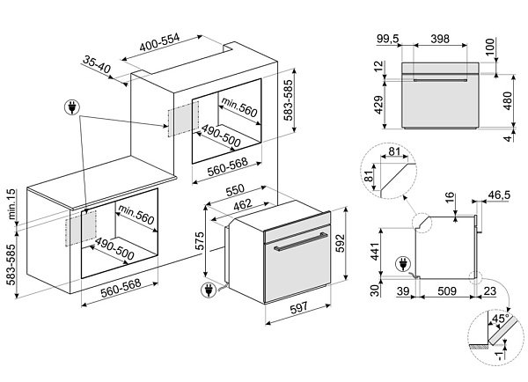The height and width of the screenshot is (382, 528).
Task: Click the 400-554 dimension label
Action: [159, 42]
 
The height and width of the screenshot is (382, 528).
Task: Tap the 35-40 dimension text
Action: [97, 64]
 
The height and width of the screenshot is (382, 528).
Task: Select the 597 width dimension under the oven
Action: [298, 307]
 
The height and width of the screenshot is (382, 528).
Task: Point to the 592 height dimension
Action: [340, 243]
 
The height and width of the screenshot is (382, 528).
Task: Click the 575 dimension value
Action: [200, 240]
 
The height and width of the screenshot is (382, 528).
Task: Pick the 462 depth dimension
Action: [243, 204]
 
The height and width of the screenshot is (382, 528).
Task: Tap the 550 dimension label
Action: [235, 190]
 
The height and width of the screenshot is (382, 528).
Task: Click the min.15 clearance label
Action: [11, 204]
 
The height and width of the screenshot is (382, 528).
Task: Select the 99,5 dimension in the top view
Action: [387, 39]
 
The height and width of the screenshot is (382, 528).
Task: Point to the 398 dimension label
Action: [440, 39]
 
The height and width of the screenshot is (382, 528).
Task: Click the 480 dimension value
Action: [508, 100]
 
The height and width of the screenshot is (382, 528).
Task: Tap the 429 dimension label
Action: [378, 105]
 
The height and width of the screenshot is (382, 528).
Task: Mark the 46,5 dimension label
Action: [499, 195]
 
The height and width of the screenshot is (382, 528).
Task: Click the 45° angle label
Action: [500, 319]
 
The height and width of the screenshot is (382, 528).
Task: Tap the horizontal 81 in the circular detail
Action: [394, 151]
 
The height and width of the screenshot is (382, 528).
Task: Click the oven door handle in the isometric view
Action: [300, 241]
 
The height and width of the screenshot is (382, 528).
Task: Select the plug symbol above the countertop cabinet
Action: [72, 107]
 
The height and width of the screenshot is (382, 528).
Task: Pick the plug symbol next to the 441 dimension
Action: [402, 264]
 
